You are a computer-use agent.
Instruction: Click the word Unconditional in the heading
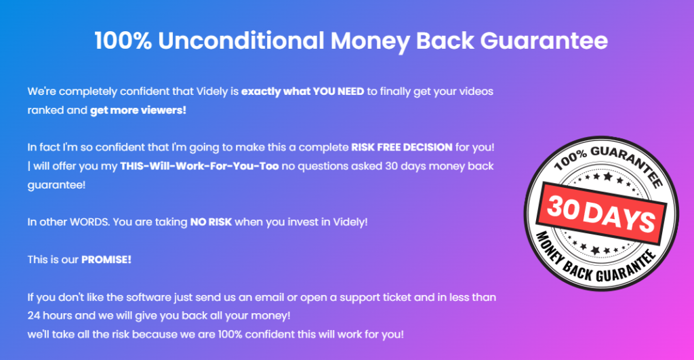click(241, 41)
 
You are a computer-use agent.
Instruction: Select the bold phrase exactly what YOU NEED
click(303, 92)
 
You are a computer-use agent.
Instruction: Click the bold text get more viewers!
click(138, 111)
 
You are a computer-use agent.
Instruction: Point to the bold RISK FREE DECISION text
click(402, 147)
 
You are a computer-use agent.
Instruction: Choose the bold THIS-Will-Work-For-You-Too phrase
click(200, 166)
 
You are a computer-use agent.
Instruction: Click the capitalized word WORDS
click(90, 222)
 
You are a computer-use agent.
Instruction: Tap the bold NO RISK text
click(211, 222)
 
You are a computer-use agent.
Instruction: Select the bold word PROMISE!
click(106, 260)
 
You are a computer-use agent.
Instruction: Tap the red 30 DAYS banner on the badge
click(602, 214)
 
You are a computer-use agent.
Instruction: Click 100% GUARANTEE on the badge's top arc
click(609, 163)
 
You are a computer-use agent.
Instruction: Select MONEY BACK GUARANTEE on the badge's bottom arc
click(595, 259)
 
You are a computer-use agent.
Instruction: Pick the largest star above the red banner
click(608, 177)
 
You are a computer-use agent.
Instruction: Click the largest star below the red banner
click(596, 251)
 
